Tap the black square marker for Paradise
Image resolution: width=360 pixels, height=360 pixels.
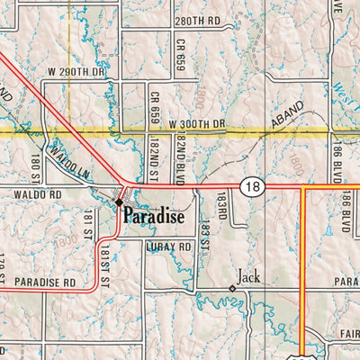[x=119, y=203]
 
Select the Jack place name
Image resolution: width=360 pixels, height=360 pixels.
[x=249, y=277]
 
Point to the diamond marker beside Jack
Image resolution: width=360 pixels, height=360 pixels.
[x=232, y=287]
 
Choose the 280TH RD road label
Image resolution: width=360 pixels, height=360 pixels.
[x=198, y=20]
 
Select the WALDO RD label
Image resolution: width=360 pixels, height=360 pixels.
[x=37, y=193]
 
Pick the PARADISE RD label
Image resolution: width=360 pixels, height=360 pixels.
[x=44, y=282]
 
